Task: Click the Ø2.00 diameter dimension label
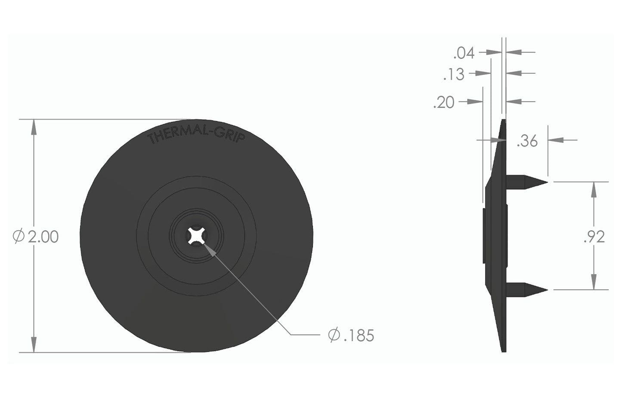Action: pos(36,237)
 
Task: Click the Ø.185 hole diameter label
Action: pos(351,335)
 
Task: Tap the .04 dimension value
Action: pos(464,53)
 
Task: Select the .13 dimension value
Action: pos(454,74)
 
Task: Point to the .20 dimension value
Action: pos(444,103)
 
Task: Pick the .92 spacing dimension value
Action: pos(594,237)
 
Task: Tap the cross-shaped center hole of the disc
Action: pos(196,236)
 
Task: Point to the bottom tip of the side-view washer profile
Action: pos(504,350)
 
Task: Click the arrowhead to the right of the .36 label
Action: pos(555,139)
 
